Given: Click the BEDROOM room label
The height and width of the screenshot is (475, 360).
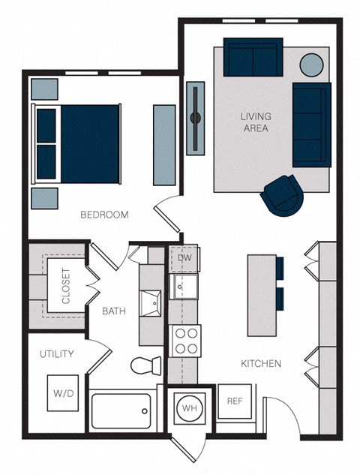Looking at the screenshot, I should coord(104,215).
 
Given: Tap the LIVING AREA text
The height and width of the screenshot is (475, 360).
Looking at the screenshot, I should coord(256,122).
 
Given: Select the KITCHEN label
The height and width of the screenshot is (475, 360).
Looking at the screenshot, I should coord(260,364).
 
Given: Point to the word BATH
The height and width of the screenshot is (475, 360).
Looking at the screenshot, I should coord(114,311).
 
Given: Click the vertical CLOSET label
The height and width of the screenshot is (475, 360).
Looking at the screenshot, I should coord(66,285).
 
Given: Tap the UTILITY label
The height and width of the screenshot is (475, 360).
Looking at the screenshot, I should coord(56,353).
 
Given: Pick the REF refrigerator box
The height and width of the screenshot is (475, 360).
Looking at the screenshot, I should coord(234,401).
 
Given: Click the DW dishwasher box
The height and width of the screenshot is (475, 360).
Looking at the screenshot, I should coord(184,258).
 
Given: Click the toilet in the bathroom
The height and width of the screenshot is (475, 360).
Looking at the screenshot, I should coord(145,366).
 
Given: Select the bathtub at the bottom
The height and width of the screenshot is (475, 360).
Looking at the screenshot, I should coord(121,411).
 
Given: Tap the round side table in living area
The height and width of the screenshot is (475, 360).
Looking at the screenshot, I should coord(312,64).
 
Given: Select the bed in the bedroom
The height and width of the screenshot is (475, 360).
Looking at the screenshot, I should coord(77,142).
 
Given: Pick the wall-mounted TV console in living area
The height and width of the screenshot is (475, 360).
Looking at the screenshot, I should coord(195,117).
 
